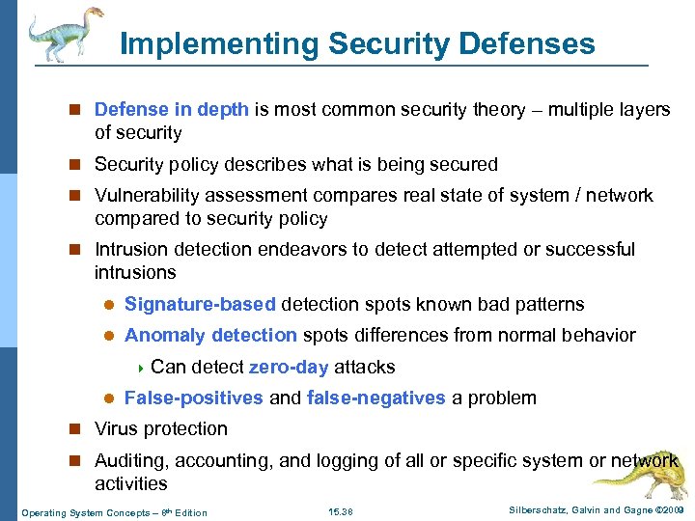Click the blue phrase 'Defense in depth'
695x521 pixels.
172,110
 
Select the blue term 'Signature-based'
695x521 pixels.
200,305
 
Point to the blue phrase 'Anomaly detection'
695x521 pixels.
210,336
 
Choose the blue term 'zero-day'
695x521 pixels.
289,367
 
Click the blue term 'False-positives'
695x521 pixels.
193,398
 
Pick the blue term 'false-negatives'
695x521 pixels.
375,398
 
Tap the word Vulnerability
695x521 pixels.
147,196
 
